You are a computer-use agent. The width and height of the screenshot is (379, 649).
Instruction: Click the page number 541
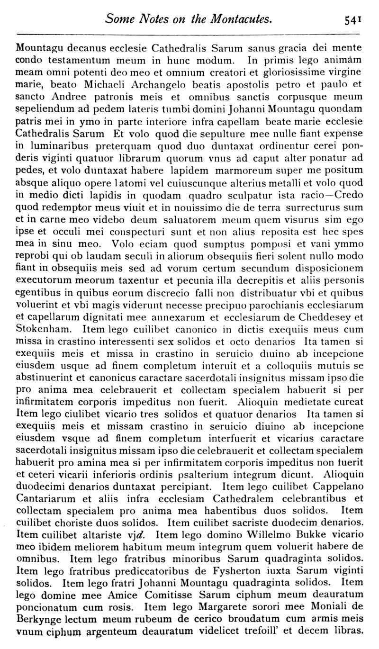click(x=353, y=19)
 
